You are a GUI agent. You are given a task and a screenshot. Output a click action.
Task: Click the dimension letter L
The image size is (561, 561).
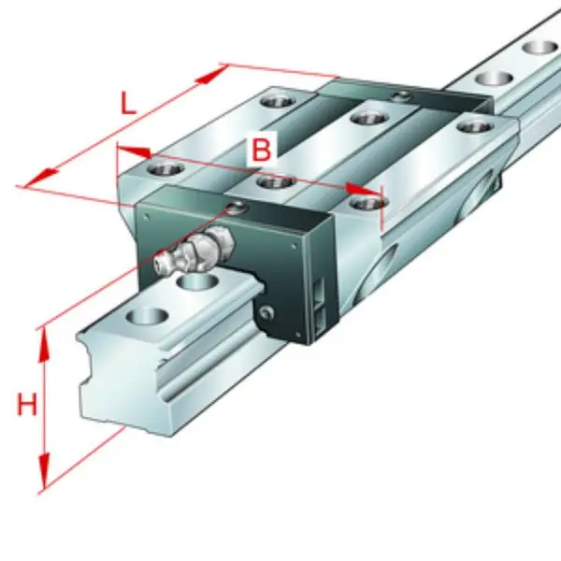tap(128, 103)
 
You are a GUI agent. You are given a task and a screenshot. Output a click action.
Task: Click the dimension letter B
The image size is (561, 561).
tap(262, 151)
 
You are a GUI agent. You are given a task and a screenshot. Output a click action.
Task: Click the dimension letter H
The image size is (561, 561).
tap(27, 404)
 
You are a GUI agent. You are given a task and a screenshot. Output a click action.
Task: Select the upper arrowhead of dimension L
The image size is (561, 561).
tap(212, 75)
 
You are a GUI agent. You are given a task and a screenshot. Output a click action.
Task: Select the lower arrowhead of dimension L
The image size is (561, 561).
tap(41, 178)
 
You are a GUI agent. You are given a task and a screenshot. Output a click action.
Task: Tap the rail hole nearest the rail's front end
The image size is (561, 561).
tap(148, 317)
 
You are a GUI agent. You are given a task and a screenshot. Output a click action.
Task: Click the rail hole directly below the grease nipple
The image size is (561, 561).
tap(198, 281)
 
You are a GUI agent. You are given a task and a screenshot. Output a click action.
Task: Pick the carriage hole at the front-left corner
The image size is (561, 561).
tap(165, 168)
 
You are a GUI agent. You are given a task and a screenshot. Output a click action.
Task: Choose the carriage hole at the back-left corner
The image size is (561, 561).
tap(278, 101)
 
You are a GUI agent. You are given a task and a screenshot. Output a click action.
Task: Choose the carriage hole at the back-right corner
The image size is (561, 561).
tap(474, 127)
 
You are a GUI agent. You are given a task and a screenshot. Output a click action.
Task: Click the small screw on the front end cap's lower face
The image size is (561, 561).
tap(266, 313)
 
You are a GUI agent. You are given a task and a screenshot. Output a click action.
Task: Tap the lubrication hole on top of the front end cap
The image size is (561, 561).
tap(237, 208)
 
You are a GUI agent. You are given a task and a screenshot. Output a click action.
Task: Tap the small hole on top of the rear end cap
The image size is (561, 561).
tap(400, 95)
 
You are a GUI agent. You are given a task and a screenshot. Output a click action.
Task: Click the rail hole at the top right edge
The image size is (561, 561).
tap(541, 48)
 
